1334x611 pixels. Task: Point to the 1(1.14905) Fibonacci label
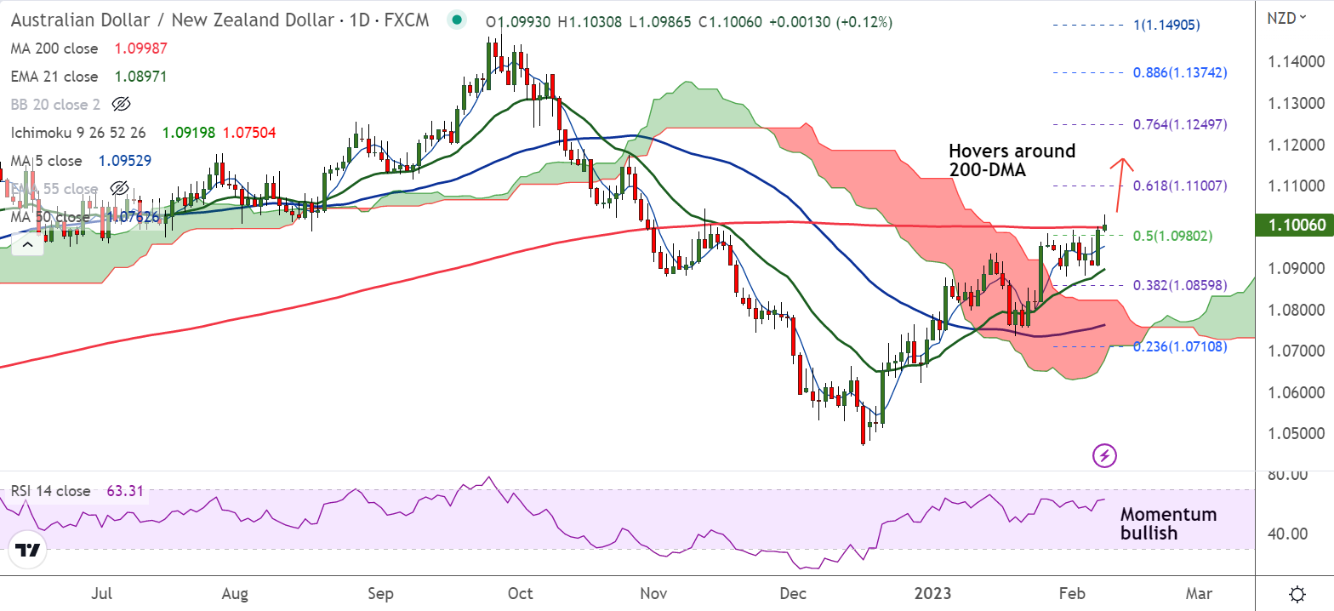pyautogui.click(x=1166, y=26)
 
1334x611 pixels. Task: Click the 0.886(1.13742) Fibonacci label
pyautogui.click(x=1180, y=73)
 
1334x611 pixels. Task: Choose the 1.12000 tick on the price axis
pyautogui.click(x=1297, y=145)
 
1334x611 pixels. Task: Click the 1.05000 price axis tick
pyautogui.click(x=1297, y=433)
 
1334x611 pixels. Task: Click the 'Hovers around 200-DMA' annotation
pyautogui.click(x=1012, y=160)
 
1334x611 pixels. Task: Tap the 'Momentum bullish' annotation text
pyautogui.click(x=1167, y=523)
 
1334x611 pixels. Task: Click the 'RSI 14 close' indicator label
pyautogui.click(x=51, y=491)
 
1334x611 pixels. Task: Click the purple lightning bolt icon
pyautogui.click(x=1104, y=455)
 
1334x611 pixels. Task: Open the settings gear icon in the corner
pyautogui.click(x=1297, y=593)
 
